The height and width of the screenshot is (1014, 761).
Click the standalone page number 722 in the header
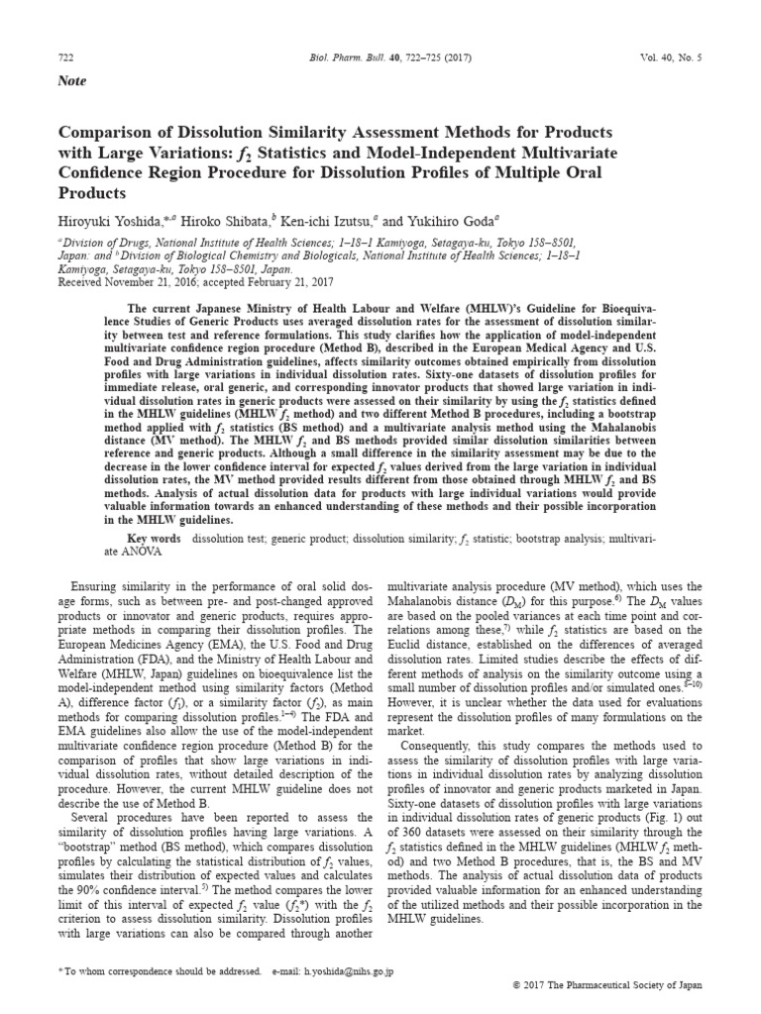pos(67,58)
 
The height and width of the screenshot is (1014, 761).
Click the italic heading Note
pos(73,81)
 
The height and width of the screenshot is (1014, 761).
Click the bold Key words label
pos(154,539)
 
